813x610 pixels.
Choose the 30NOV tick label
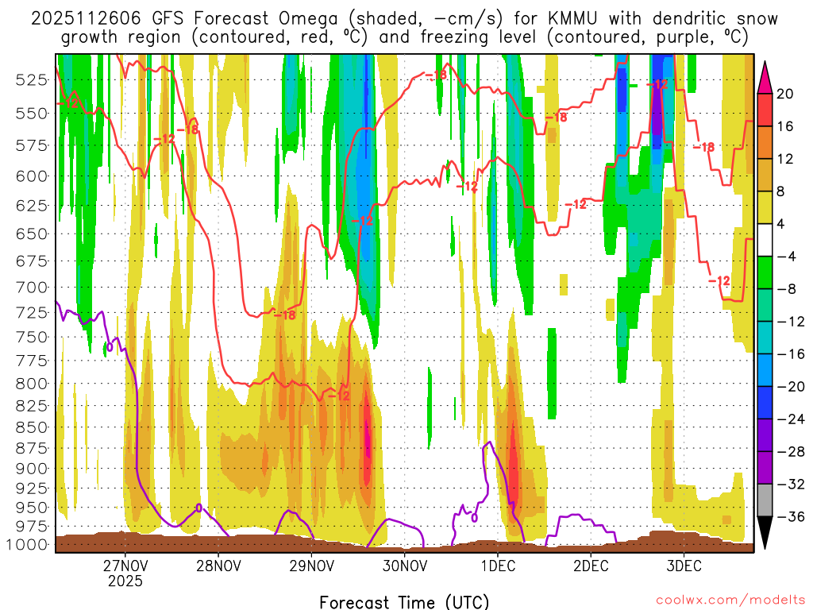pos(405,566)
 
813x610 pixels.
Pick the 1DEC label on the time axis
pos(497,566)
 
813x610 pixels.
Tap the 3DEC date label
pos(684,566)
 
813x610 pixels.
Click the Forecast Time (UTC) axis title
pos(404,601)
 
